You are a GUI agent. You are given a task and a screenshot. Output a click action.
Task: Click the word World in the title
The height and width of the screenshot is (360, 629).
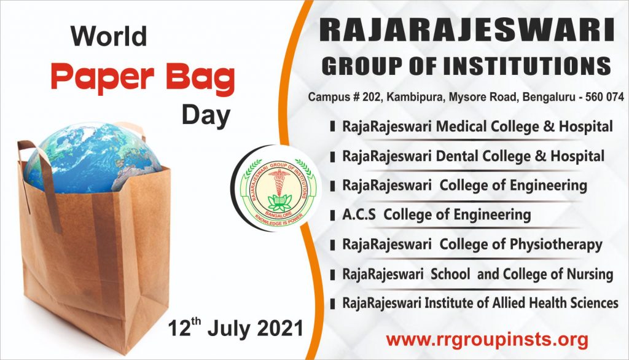click(109, 36)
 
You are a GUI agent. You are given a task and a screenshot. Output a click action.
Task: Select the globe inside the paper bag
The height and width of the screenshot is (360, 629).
click(92, 157)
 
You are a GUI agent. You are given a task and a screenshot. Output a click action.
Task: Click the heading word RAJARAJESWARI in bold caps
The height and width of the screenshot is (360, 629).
click(466, 31)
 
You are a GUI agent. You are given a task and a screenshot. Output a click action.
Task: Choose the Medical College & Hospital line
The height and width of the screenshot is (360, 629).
click(477, 127)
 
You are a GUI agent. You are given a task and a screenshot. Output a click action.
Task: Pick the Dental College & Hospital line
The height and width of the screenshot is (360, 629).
click(473, 156)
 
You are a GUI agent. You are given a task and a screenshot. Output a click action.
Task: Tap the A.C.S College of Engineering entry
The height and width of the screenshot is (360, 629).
click(436, 214)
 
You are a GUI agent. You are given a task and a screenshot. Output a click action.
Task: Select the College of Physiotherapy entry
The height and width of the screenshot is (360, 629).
click(472, 244)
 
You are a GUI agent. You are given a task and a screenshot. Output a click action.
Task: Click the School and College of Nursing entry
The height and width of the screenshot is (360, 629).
click(477, 273)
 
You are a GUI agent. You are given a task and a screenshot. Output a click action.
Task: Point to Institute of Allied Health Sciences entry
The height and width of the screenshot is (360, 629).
click(480, 303)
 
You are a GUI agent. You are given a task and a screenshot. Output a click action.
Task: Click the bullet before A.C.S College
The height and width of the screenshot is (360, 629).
click(332, 215)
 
